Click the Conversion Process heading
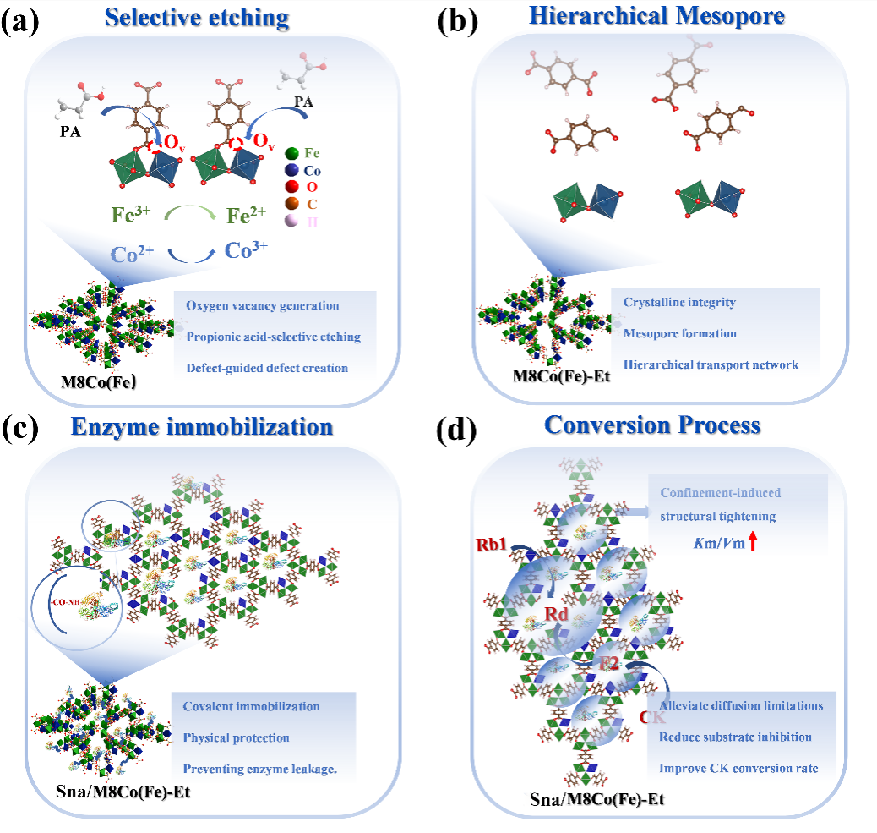[x=652, y=424]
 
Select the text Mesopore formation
[x=680, y=333]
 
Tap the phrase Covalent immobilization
[x=251, y=706]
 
